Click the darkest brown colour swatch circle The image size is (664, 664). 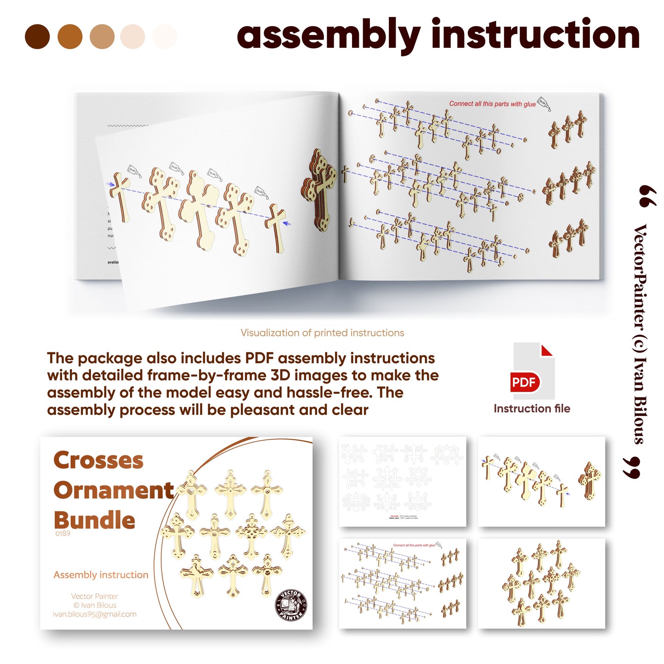coord(37,37)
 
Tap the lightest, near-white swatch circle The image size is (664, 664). coord(165,37)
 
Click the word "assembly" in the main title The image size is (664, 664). coord(328,36)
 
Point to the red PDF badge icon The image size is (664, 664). coord(524,382)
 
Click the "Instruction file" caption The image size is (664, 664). coord(532,409)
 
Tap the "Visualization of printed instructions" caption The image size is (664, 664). coord(322,333)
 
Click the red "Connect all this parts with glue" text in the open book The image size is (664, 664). coord(492,104)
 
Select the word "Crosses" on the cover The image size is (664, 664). coord(98,460)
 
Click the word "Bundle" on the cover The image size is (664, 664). coord(94,520)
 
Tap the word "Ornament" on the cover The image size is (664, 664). coord(114,490)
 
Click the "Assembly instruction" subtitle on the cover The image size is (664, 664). coord(101,575)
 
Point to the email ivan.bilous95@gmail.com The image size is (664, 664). coord(95,614)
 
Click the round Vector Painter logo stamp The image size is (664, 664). coord(290,605)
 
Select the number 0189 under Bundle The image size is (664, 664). coord(62,533)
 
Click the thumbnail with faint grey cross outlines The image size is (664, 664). coord(402,481)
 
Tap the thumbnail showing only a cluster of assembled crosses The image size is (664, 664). coord(541,583)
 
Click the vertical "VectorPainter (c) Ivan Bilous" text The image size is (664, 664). coord(640,334)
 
